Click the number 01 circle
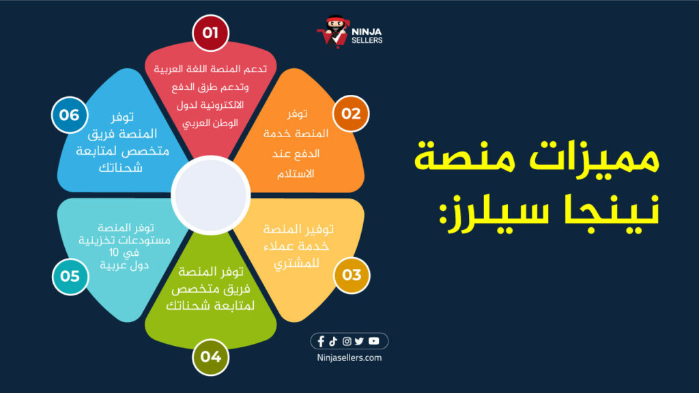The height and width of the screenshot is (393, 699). coord(210,32)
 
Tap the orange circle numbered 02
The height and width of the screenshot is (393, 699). coord(351,113)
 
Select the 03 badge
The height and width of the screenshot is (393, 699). coord(351,276)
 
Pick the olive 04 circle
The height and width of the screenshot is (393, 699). coord(210,356)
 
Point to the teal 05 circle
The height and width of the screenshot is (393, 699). coord(70,276)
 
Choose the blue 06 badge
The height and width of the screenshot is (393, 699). coord(69,115)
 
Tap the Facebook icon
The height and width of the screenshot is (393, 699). coord(322,342)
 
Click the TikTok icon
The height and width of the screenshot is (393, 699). coord(334,341)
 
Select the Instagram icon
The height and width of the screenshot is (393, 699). coord(347,342)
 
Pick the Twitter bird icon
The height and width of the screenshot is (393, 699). coord(360,342)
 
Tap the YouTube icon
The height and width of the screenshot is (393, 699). coord(373,341)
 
